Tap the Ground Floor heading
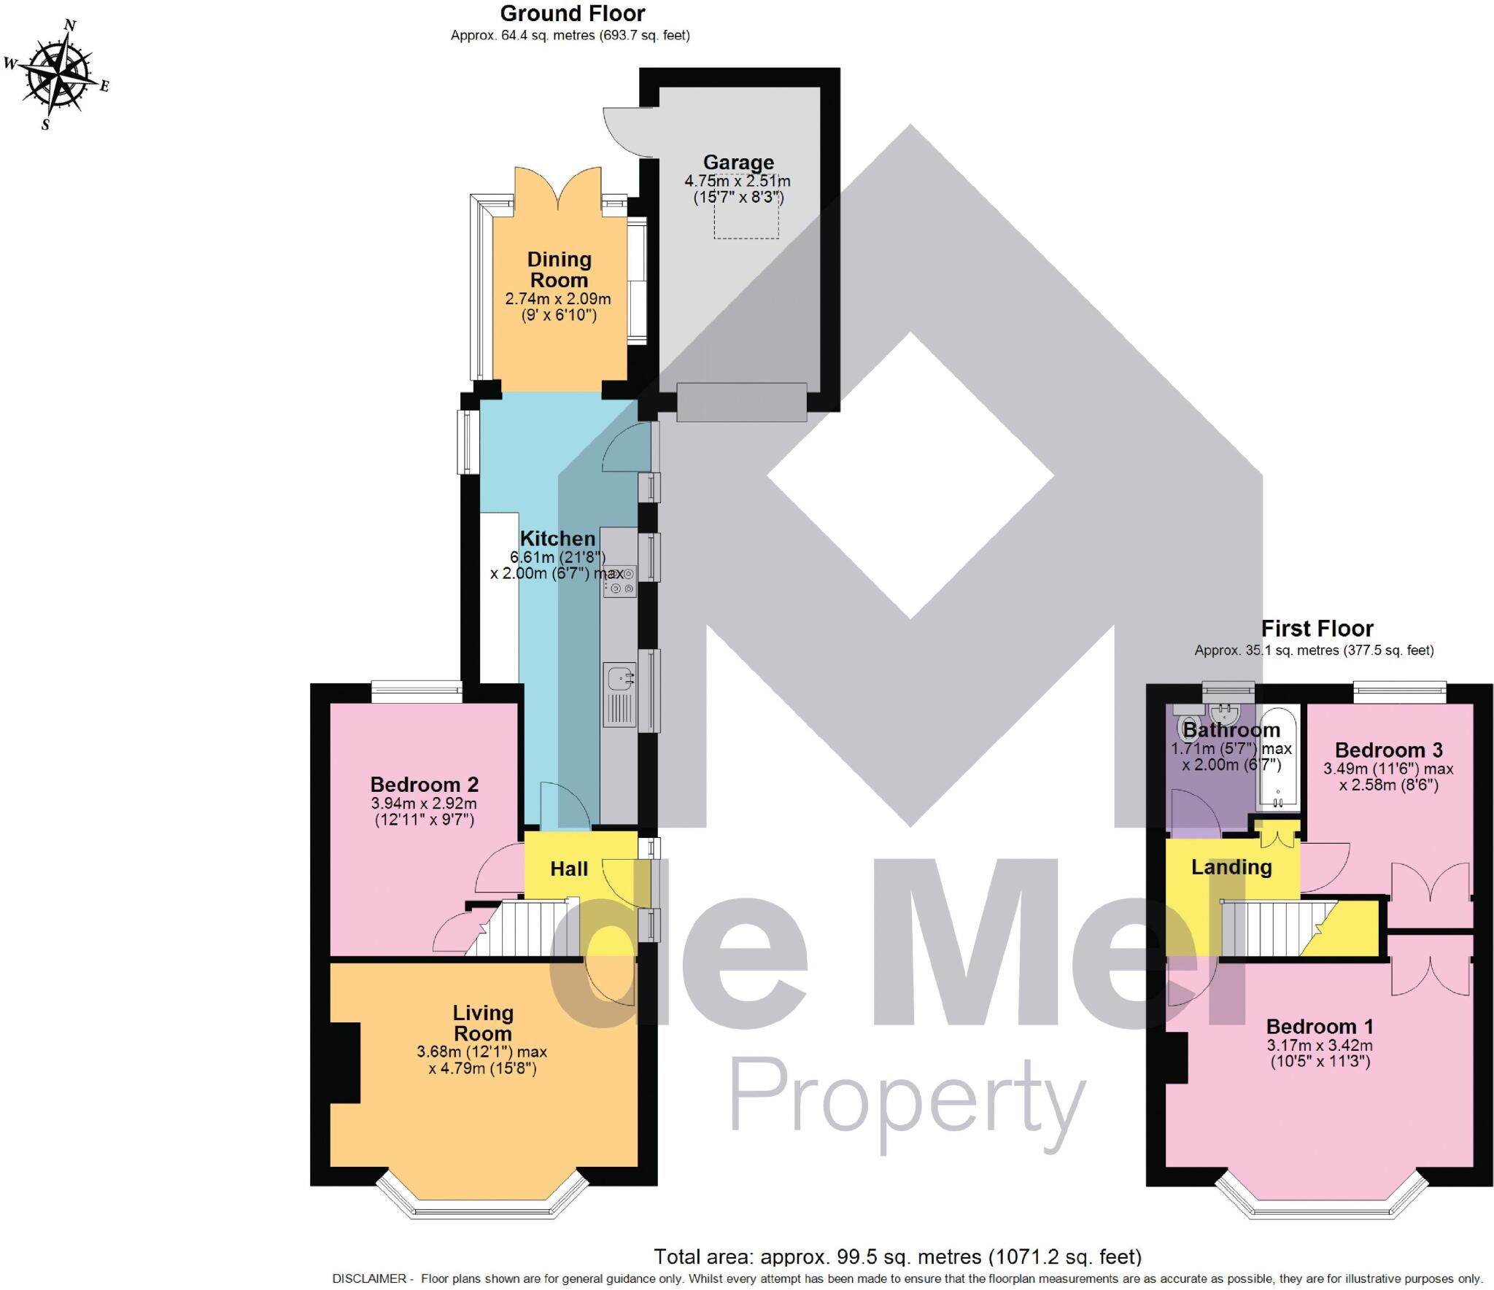pyautogui.click(x=573, y=14)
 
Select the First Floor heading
pyautogui.click(x=1317, y=629)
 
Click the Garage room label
pyautogui.click(x=738, y=163)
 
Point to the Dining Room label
pyautogui.click(x=559, y=270)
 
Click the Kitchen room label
pyautogui.click(x=557, y=539)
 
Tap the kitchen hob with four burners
pyautogui.click(x=620, y=581)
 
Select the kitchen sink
pyautogui.click(x=619, y=678)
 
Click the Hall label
pyautogui.click(x=569, y=869)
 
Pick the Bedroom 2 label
pyautogui.click(x=424, y=785)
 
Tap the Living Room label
pyautogui.click(x=483, y=1023)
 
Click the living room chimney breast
pyautogui.click(x=346, y=1062)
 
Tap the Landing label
pyautogui.click(x=1231, y=867)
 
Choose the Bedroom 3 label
pyautogui.click(x=1389, y=750)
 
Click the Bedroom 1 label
pyautogui.click(x=1320, y=1027)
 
